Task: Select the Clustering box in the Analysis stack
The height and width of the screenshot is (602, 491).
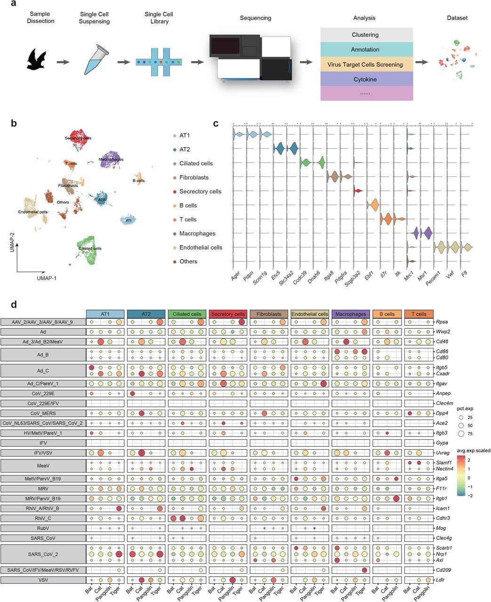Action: (x=365, y=35)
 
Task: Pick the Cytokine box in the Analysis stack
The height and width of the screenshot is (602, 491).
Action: (x=365, y=79)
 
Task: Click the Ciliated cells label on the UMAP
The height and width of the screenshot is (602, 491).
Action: (x=90, y=248)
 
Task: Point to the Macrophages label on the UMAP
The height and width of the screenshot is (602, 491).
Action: (x=111, y=159)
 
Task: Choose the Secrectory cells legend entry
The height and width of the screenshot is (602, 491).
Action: (x=200, y=191)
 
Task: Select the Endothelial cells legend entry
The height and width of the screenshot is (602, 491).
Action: (x=201, y=247)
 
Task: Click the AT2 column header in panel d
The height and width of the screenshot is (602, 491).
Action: (x=145, y=314)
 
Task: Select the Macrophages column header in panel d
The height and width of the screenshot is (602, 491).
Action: (x=351, y=314)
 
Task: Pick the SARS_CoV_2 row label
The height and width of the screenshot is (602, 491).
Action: (x=43, y=554)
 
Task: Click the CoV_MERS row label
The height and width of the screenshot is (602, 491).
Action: (x=43, y=413)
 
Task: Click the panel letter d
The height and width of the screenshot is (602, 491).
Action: (x=14, y=305)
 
